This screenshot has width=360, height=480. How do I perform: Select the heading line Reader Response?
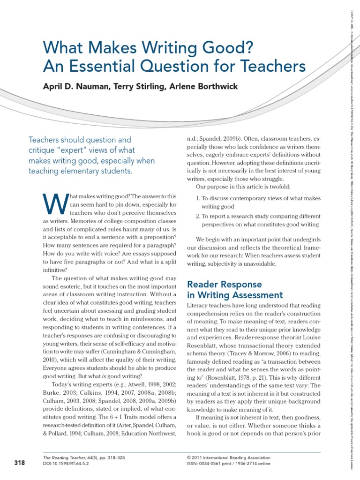pyautogui.click(x=224, y=285)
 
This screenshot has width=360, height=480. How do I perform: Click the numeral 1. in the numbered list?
pyautogui.click(x=198, y=198)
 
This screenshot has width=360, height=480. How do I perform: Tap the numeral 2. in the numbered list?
pyautogui.click(x=198, y=217)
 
